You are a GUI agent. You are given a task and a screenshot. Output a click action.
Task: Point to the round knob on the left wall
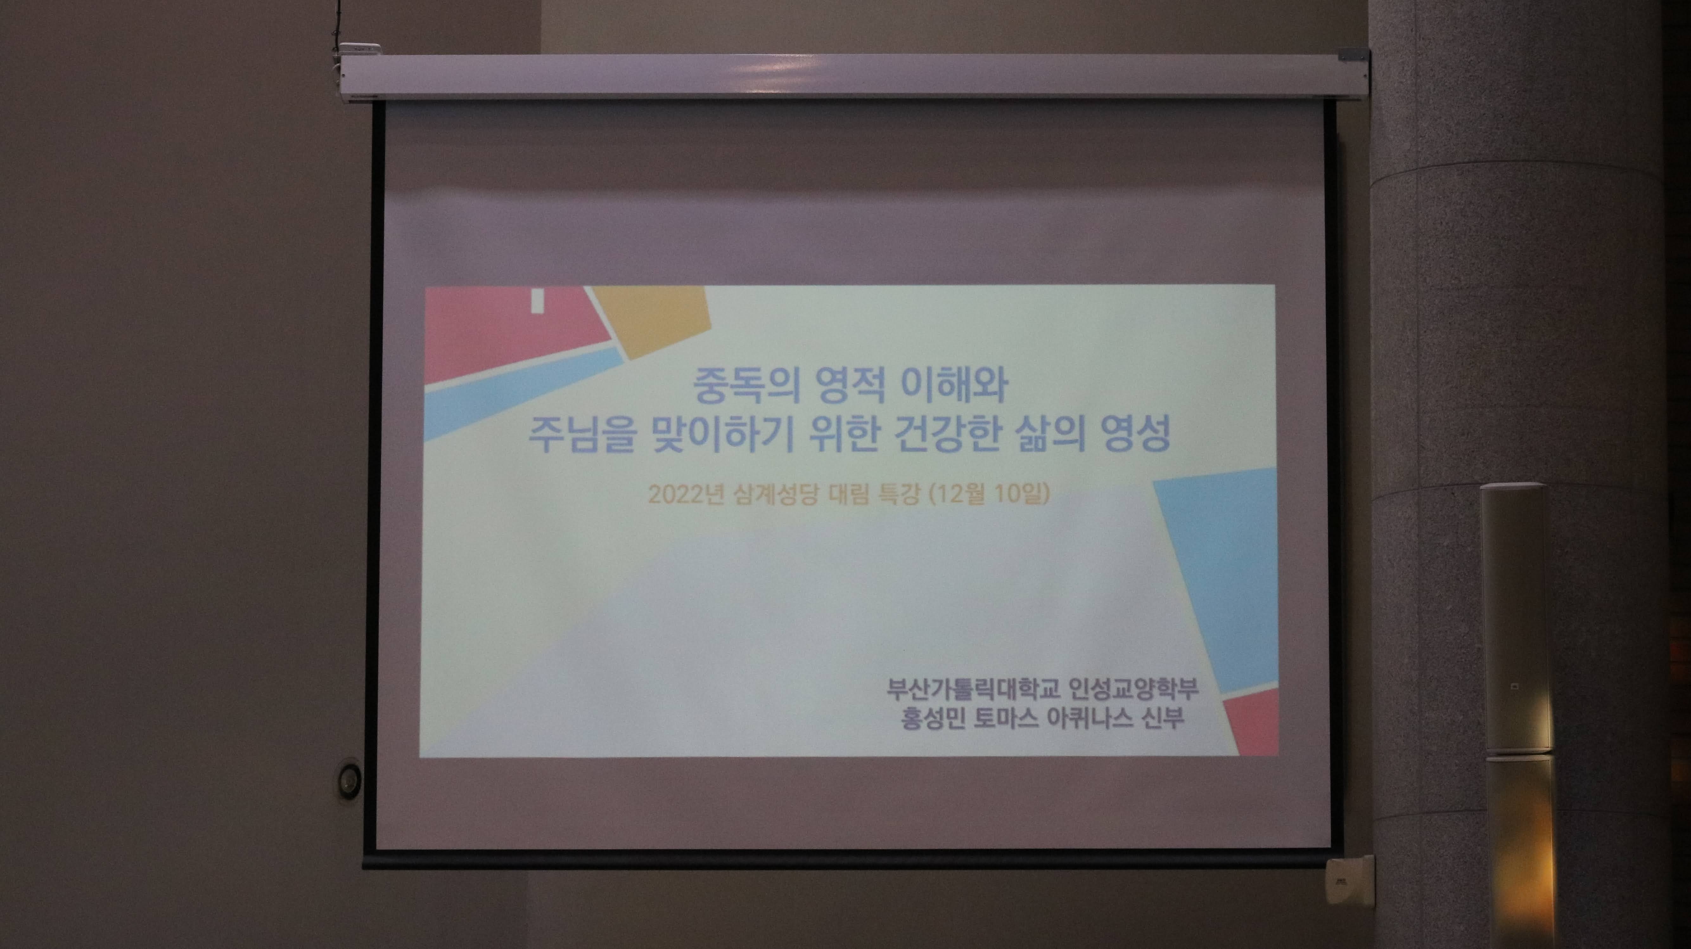pyautogui.click(x=348, y=779)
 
